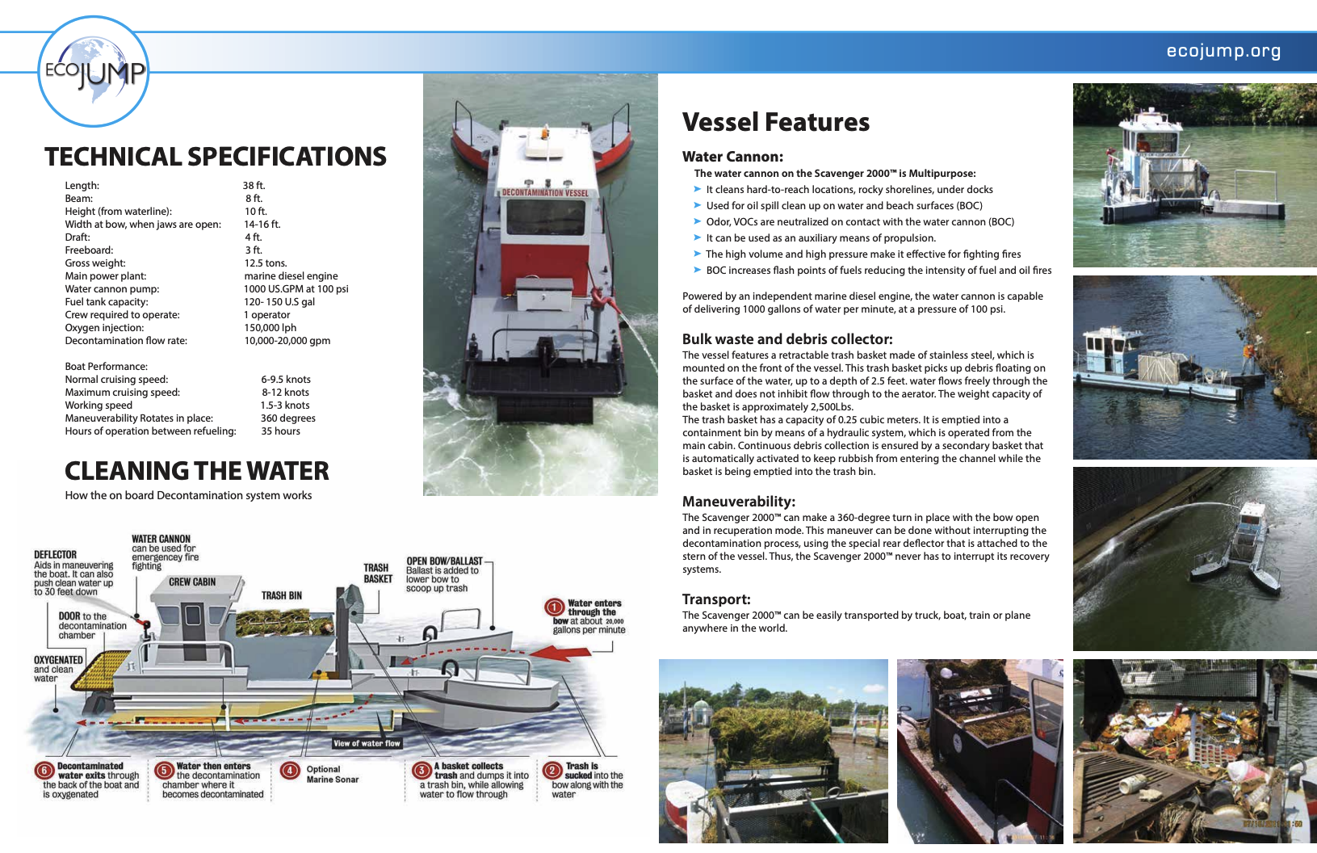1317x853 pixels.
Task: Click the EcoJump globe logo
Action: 94,72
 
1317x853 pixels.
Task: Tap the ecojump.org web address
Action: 1223,51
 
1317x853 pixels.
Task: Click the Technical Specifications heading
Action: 216,157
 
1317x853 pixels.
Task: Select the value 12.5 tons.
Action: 266,263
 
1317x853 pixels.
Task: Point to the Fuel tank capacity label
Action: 107,302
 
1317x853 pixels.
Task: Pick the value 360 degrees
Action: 287,418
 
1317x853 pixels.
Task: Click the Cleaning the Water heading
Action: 196,471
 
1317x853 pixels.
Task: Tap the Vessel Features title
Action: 775,122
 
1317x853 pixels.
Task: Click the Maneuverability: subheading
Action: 738,502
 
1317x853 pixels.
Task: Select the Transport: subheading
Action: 716,599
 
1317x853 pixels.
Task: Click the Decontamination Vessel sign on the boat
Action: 546,193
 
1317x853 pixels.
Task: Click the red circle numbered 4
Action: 290,771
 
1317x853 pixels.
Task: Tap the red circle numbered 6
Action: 44,771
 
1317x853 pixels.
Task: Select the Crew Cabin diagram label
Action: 192,582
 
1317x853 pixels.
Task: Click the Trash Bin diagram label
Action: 282,596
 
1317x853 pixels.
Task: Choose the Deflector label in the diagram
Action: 55,555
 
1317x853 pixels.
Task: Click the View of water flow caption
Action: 367,743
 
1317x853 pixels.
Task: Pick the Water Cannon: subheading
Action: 732,157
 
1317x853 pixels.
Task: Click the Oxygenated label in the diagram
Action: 58,660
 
